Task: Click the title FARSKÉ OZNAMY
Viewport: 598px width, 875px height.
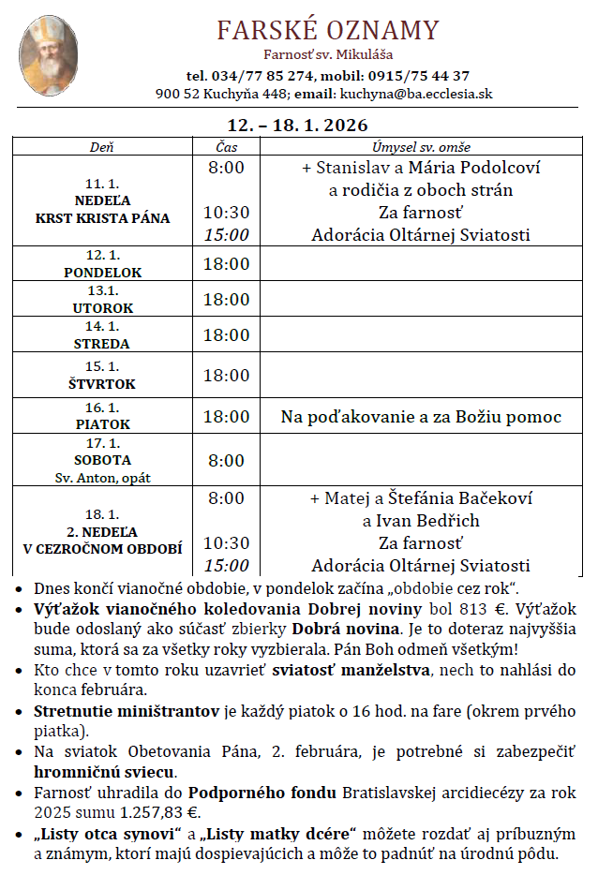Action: [x=328, y=31]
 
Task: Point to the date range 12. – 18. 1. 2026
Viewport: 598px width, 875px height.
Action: [x=298, y=126]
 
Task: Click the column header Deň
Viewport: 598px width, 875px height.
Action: [x=101, y=147]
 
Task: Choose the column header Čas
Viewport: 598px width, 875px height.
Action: [x=226, y=147]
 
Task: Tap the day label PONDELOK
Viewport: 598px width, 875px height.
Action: [x=102, y=273]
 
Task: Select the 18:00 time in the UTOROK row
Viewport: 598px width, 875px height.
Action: [x=226, y=300]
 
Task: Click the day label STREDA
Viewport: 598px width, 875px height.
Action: [x=102, y=344]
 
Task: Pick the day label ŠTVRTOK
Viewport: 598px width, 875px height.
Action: [x=102, y=384]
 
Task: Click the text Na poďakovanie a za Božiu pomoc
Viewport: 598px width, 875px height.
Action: [x=421, y=417]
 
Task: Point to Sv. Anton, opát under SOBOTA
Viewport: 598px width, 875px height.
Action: [x=102, y=477]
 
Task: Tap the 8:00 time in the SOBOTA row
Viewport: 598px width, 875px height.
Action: [x=226, y=461]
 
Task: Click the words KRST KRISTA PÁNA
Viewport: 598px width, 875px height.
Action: [x=102, y=218]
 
